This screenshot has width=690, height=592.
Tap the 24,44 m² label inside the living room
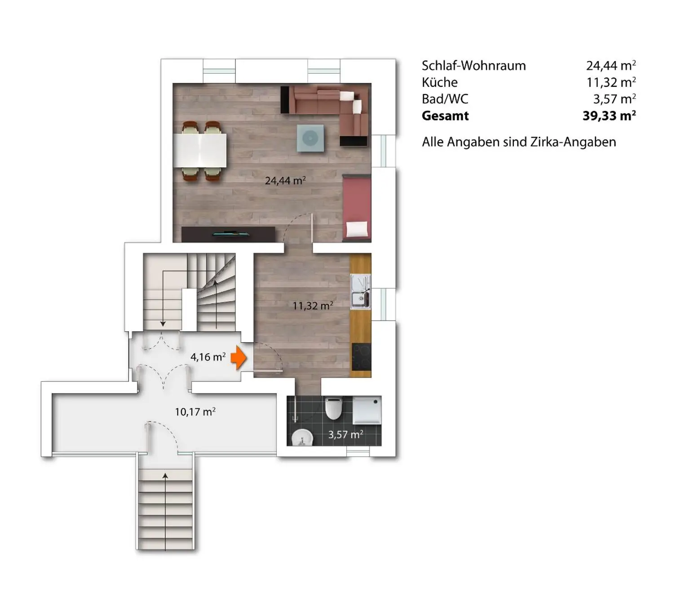coord(285,181)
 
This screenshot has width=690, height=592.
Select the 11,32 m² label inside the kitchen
coord(313,306)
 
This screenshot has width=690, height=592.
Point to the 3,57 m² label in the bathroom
coord(345,435)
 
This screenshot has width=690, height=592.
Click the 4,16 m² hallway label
coord(208,357)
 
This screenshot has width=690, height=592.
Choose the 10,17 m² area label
coord(195,412)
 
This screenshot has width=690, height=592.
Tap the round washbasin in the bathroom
coord(301,437)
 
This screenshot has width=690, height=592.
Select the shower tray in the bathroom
coord(367,410)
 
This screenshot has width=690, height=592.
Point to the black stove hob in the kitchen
coord(361,356)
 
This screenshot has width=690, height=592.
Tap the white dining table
coord(200,150)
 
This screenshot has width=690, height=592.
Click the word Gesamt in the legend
coord(445,116)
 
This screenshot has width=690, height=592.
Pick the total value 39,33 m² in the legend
coord(609,116)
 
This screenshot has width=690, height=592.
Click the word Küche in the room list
coord(439,83)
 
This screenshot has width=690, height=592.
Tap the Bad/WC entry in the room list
coord(445,99)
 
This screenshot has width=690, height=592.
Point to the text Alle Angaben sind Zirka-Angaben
coord(519,142)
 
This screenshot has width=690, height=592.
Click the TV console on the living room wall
coord(228,234)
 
